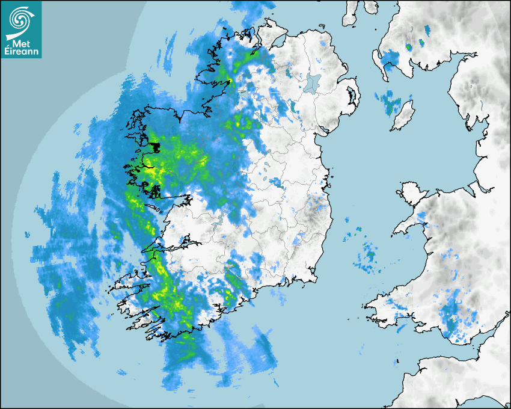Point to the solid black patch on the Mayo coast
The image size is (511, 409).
click(155, 146)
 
